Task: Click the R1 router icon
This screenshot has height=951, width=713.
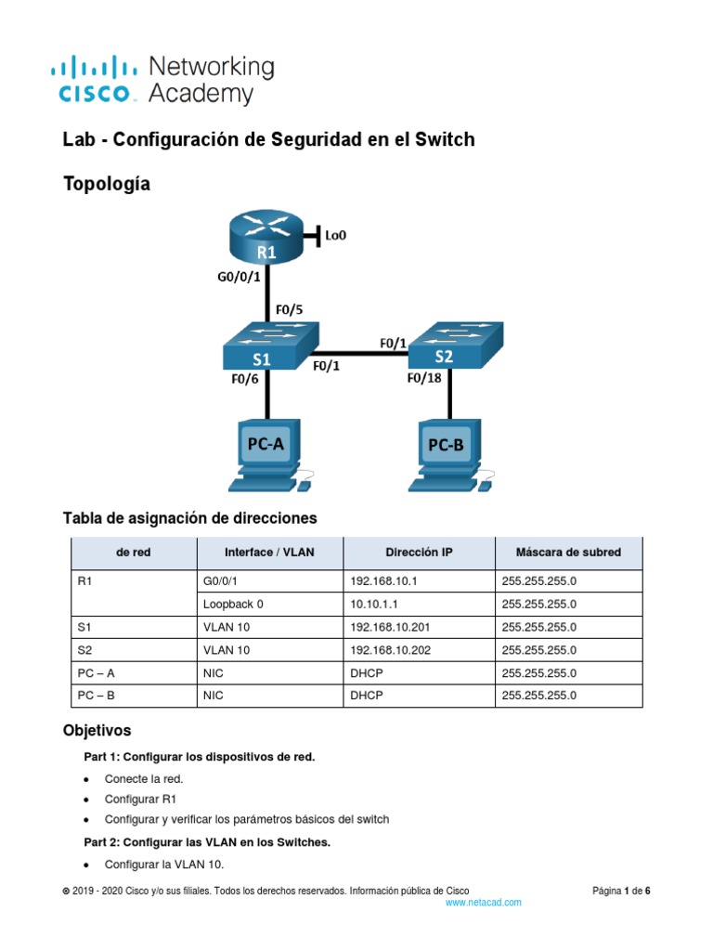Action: (x=267, y=240)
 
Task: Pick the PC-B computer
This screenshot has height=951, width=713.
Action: (x=447, y=456)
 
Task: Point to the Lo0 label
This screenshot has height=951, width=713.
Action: (x=335, y=235)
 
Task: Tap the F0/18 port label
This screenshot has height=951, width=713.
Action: (x=426, y=378)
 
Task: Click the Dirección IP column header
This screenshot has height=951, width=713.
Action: (x=419, y=553)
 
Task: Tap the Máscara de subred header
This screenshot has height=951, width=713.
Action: (x=568, y=553)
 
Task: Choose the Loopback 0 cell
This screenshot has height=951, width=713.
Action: (x=233, y=604)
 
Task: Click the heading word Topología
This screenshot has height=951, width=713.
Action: (x=106, y=185)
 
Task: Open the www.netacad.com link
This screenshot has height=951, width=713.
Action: (x=483, y=902)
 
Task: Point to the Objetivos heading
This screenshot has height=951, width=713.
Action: (x=97, y=730)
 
